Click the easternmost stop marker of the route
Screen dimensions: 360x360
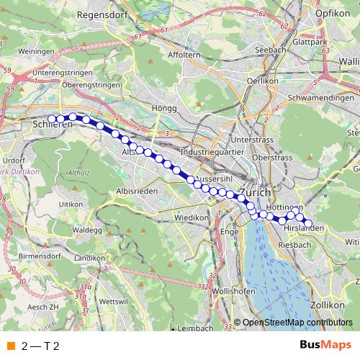pos(308,223)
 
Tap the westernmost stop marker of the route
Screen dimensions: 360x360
pos(52,119)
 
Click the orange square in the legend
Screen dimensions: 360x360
pos(10,346)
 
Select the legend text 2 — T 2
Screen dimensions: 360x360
pos(40,346)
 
